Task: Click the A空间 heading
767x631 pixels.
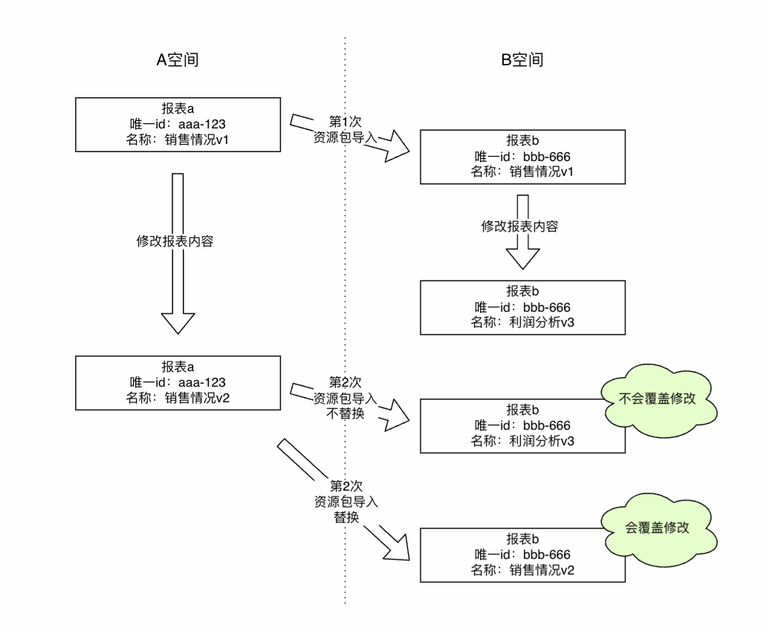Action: (177, 60)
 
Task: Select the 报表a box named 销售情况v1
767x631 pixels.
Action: (178, 122)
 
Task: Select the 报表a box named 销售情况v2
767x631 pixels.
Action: (178, 382)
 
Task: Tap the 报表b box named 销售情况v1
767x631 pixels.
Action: (522, 156)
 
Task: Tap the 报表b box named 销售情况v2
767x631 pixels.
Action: (522, 554)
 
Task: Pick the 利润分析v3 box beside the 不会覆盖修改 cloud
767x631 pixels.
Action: (522, 425)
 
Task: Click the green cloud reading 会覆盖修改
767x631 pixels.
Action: (658, 528)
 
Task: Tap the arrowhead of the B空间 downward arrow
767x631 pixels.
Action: (522, 256)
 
